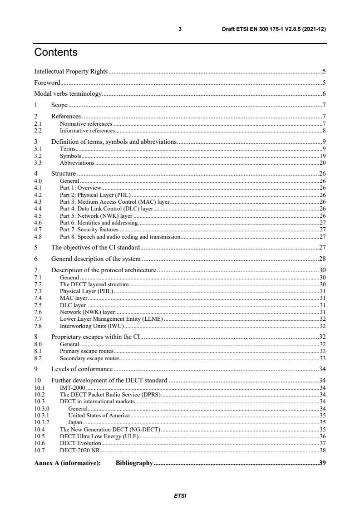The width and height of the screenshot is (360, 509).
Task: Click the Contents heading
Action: coord(56,53)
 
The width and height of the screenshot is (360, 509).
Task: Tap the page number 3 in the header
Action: coord(180,29)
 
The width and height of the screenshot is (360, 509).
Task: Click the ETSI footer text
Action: coord(180,496)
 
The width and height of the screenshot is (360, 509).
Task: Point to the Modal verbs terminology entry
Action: coord(68,94)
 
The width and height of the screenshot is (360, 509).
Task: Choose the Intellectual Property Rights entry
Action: coord(71,71)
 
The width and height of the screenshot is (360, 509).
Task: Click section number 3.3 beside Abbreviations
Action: coord(39,162)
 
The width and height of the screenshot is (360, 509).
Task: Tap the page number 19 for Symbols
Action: coord(323,156)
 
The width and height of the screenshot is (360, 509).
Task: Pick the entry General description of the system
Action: coord(96,259)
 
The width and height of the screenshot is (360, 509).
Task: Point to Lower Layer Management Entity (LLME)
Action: coord(111,319)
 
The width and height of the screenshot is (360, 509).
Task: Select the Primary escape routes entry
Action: coord(86,351)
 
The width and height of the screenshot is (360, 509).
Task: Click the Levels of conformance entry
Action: coord(82,368)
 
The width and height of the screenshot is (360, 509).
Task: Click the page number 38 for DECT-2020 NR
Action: coord(323,450)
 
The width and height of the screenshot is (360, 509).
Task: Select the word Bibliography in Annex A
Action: coord(134,464)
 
